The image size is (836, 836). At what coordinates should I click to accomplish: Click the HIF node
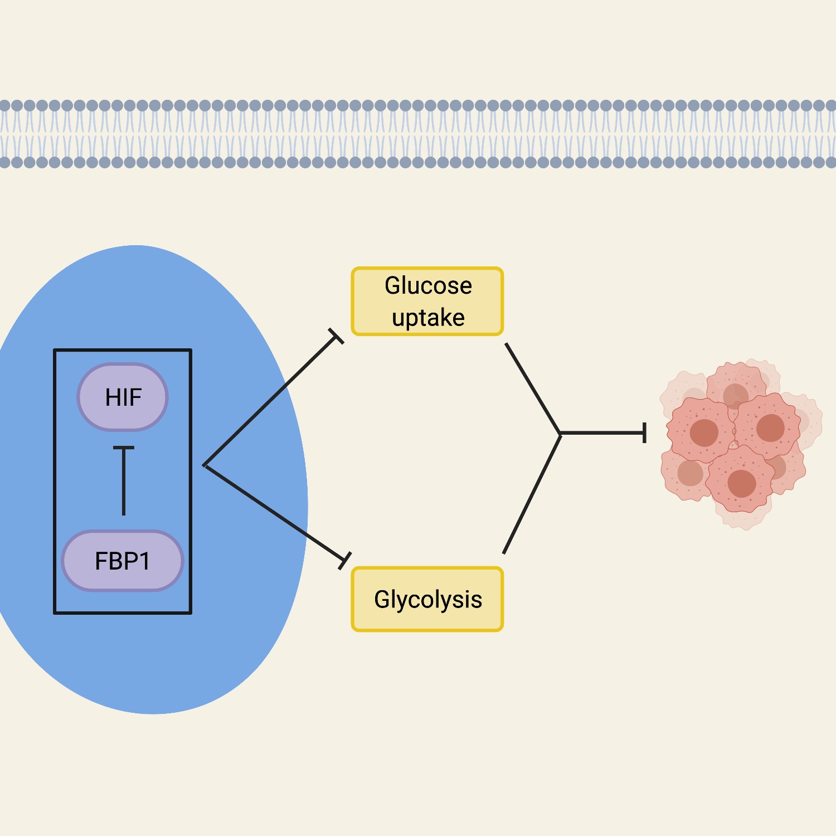click(x=123, y=397)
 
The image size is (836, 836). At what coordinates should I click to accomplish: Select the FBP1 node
click(x=123, y=561)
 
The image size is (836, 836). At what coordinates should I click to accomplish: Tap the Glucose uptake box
click(x=427, y=302)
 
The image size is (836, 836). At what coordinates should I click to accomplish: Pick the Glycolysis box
click(x=427, y=599)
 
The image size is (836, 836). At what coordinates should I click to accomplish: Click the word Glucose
click(x=428, y=285)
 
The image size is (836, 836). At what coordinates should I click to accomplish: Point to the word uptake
click(x=428, y=318)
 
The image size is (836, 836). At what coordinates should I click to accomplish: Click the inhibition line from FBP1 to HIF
click(x=124, y=482)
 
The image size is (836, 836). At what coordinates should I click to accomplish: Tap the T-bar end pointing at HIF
click(x=124, y=448)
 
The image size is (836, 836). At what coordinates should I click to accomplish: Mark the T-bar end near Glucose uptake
click(x=336, y=337)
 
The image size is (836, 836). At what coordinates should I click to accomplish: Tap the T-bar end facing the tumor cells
click(x=645, y=433)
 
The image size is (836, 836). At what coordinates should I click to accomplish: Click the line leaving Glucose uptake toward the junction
click(x=532, y=388)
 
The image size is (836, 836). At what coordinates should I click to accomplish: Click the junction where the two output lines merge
click(x=560, y=433)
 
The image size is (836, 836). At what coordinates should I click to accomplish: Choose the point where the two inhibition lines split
click(x=205, y=465)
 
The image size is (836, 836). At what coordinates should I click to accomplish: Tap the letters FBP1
click(x=123, y=561)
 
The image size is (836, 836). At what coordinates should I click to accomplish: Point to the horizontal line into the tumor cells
click(x=602, y=433)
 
